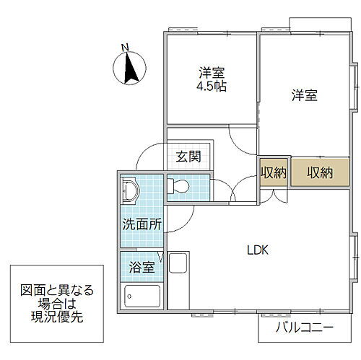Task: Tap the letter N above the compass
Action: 125,48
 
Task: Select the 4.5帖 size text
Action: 212,86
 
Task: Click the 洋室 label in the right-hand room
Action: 305,96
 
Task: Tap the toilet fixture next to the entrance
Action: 179,188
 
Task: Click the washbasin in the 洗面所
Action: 130,190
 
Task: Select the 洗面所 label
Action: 141,224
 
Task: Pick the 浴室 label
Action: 142,267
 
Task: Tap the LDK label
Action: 258,250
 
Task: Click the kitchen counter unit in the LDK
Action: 178,278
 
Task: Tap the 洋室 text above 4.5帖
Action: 212,73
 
